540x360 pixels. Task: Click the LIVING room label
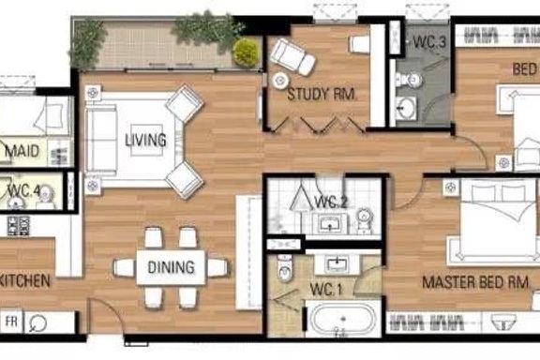point(145,141)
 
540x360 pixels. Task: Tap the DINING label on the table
point(172,267)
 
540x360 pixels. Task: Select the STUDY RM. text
point(321,95)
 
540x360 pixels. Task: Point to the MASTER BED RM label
point(475,282)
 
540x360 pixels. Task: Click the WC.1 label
point(326,290)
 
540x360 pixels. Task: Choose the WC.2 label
point(331,202)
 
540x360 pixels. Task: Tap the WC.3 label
point(429,41)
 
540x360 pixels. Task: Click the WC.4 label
point(24,190)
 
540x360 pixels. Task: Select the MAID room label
point(22,151)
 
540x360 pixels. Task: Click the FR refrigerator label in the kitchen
point(11,322)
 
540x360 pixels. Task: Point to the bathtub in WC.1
point(343,319)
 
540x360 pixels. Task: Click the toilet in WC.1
point(284,268)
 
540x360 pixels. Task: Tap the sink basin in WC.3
point(406,108)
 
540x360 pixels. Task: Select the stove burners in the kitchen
point(18,226)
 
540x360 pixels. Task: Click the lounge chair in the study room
point(292,56)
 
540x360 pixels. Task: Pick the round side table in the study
point(280,81)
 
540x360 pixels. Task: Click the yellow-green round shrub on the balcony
point(246,52)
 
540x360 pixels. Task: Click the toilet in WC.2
point(364,218)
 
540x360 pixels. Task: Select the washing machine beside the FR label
point(37,323)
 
